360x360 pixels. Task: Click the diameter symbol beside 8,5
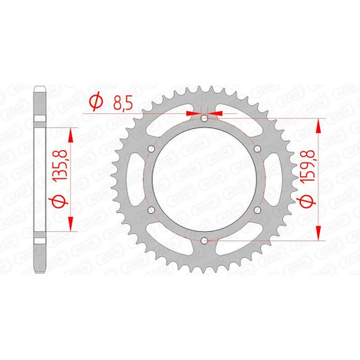[97, 101]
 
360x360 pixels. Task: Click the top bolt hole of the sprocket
[204, 118]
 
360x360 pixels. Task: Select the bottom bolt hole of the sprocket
[204, 241]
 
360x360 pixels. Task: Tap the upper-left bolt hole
[151, 149]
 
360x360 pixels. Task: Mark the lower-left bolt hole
[151, 210]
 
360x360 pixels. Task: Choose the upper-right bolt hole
[256, 149]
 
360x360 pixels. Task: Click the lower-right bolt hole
[256, 210]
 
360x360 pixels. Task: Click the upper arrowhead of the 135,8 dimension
[73, 123]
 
